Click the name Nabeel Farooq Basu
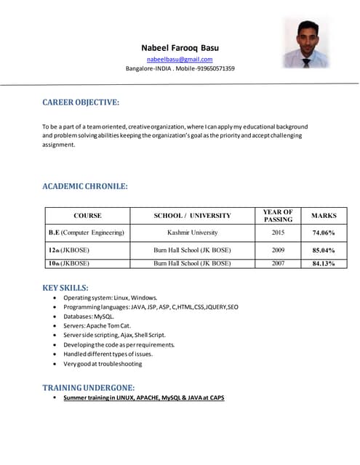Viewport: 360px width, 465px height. [180, 48]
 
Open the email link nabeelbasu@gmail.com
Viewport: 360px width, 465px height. [180, 59]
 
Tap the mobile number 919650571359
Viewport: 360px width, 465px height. [211, 68]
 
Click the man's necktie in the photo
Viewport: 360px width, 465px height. [306, 61]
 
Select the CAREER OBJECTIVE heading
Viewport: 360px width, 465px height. [81, 103]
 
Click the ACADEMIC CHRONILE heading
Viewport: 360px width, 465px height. [85, 187]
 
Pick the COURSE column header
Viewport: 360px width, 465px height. [87, 216]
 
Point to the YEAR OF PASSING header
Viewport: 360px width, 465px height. [278, 216]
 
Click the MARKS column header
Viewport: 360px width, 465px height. [324, 216]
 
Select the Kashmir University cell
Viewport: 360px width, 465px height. [192, 232]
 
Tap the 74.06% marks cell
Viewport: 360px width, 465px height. [324, 233]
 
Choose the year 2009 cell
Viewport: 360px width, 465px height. [278, 250]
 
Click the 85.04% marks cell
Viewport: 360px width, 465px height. [324, 251]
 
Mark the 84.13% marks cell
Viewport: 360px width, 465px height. [324, 264]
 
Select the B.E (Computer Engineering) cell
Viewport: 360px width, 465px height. [87, 232]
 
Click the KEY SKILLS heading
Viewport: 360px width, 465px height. [65, 288]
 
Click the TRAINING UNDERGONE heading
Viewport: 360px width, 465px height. [88, 387]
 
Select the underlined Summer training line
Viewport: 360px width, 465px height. [143, 397]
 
